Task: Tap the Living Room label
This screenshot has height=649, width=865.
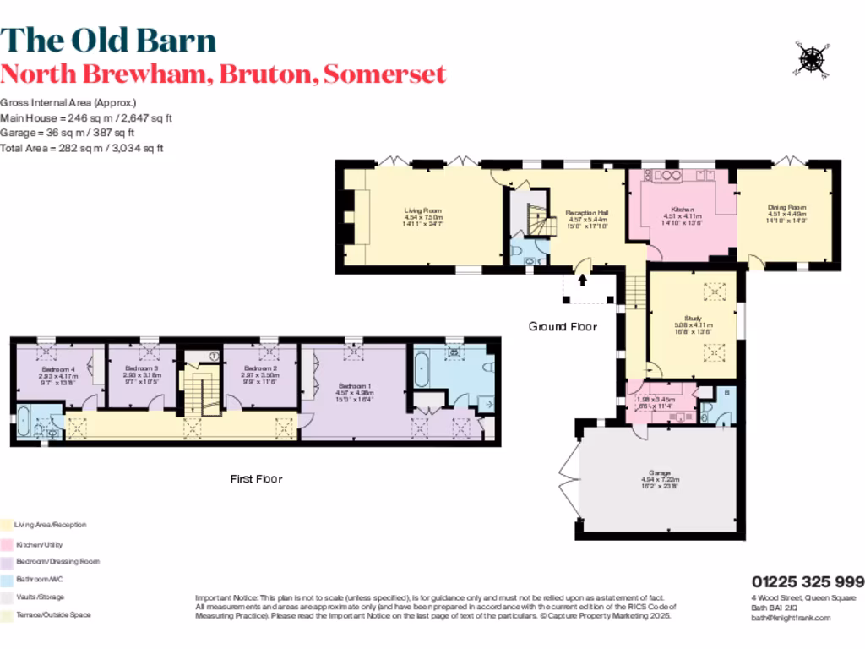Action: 422,211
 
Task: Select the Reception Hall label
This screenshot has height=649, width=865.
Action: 582,213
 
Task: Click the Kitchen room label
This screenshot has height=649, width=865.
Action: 683,210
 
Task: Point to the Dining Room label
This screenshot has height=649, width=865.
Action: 786,207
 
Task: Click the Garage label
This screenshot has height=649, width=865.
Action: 659,473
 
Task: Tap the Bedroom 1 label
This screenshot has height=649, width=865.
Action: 355,369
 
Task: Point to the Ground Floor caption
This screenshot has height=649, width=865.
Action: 563,327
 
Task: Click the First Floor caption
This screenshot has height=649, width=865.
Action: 257,479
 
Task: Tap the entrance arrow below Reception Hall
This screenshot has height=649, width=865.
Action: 583,281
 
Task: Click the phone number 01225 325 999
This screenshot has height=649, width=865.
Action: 808,581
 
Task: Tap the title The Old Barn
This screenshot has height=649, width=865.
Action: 108,40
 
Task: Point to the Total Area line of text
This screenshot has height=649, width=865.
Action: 82,148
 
